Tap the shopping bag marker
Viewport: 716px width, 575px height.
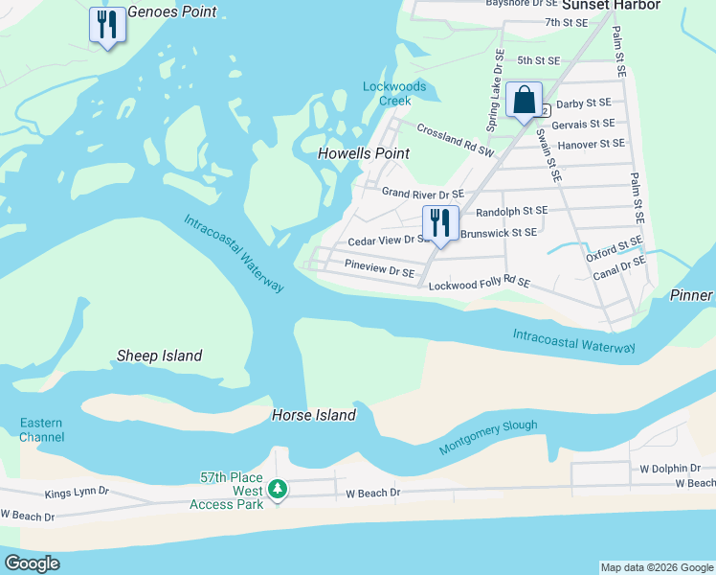point(525,100)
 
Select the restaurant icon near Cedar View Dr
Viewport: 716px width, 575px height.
point(440,223)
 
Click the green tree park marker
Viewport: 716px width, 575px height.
point(278,490)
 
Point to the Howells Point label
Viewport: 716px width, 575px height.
point(364,153)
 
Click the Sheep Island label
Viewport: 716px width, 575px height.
point(159,356)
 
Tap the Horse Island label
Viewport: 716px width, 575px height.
point(314,415)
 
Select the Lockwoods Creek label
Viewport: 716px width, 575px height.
point(387,93)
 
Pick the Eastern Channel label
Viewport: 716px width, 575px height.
point(42,430)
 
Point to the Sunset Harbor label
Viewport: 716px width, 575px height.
point(623,5)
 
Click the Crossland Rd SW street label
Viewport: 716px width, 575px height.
point(455,139)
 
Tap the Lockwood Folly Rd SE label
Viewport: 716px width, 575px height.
point(479,285)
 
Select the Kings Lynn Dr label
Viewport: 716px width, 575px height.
point(77,494)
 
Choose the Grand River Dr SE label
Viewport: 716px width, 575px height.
point(422,194)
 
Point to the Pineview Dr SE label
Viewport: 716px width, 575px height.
point(379,271)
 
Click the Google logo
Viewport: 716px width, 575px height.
point(32,563)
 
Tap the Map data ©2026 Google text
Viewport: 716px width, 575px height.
point(656,567)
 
